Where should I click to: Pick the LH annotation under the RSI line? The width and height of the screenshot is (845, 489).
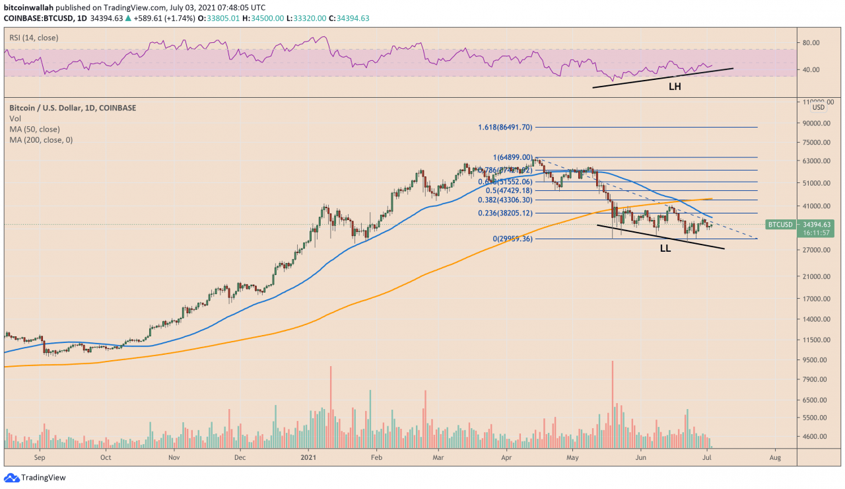click(675, 86)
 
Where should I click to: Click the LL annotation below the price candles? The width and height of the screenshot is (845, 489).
click(665, 249)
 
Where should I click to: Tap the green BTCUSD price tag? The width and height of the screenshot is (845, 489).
click(780, 225)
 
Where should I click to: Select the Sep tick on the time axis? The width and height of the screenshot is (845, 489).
click(39, 457)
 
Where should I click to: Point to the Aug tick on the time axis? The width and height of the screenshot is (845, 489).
click(776, 457)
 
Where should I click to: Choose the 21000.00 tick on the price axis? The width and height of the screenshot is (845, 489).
click(817, 277)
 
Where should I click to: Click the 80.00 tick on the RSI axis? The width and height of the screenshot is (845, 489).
click(811, 43)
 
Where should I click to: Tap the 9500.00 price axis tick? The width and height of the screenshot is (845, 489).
click(817, 360)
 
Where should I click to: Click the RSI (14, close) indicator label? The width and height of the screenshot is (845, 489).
click(33, 38)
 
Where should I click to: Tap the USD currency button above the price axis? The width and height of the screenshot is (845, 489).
click(818, 107)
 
